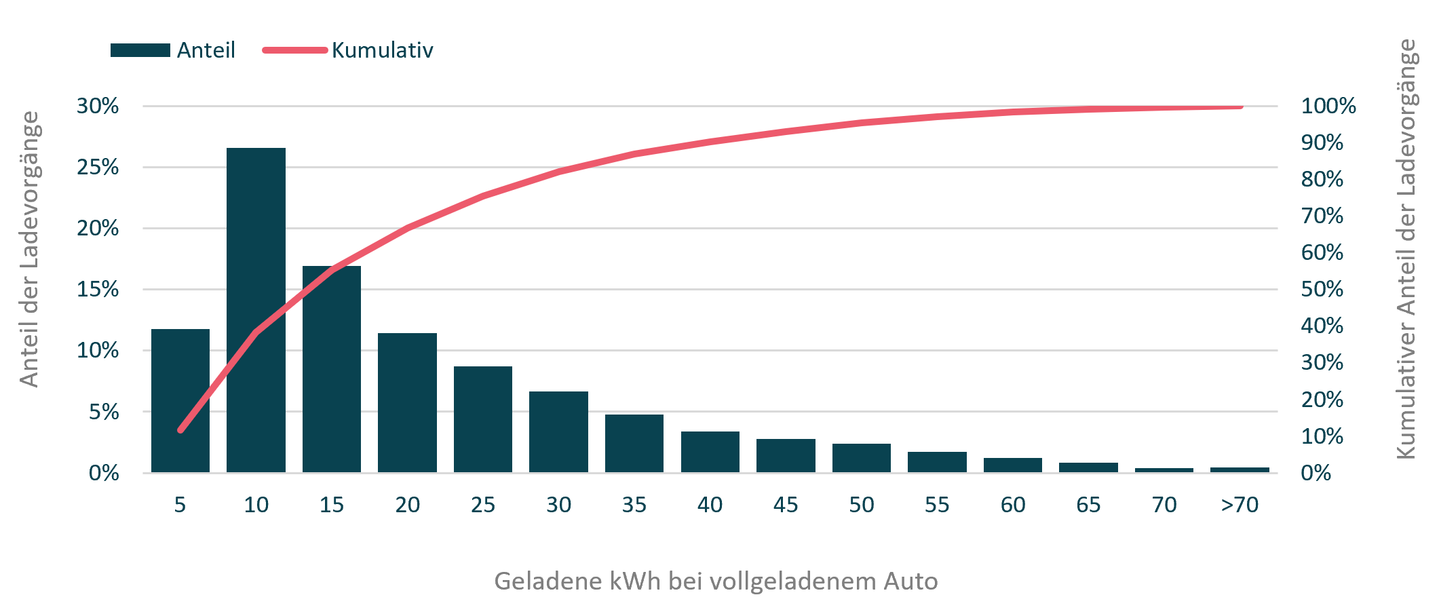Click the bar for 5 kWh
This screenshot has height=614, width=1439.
coord(180,400)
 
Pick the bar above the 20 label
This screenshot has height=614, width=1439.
coord(407,402)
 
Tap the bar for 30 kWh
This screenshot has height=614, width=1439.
coord(558,431)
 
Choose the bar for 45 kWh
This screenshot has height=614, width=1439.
coord(786,455)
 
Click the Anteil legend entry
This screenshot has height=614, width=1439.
coord(173,50)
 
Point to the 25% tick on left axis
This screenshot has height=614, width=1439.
coord(98,168)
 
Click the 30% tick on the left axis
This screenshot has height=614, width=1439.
coord(98,106)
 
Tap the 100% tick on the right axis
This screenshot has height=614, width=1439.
coord(1328,106)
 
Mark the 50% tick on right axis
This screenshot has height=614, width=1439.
coord(1322,289)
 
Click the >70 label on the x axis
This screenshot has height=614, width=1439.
coord(1239,505)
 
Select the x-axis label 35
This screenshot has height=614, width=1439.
coord(634,505)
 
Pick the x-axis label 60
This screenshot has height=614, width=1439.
coord(1012,505)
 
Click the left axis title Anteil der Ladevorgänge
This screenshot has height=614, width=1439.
coord(29,249)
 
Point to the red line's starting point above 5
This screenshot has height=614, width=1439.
coord(180,429)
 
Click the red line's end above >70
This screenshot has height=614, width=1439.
coord(1240,107)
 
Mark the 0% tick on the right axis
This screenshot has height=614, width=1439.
coord(1316,473)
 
